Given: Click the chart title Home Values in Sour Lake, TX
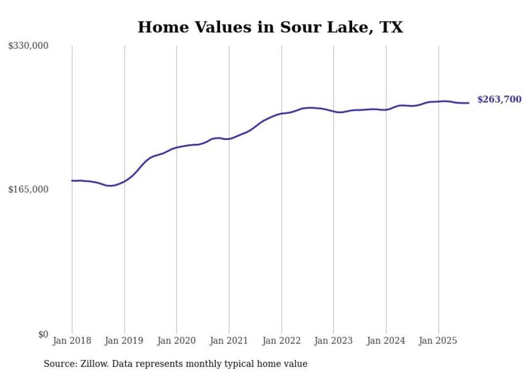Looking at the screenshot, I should (270, 27).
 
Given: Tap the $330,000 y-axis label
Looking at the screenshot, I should (28, 46).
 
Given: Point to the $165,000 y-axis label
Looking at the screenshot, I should (28, 189).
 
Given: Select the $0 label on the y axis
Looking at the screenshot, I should (43, 334).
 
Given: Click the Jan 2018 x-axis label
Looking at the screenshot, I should (72, 341).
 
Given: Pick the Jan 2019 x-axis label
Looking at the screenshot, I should (125, 341).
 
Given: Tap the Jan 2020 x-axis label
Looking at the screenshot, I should (177, 341).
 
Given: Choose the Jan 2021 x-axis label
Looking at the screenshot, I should (229, 341).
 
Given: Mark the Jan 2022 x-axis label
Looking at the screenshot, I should (281, 341).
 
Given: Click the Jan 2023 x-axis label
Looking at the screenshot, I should (333, 341).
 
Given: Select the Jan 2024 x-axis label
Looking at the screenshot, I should (386, 341).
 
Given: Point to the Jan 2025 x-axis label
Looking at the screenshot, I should (438, 341).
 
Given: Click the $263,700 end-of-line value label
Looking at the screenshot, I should (499, 99).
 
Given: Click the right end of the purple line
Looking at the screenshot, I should (469, 103).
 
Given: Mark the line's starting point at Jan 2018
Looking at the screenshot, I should (72, 181).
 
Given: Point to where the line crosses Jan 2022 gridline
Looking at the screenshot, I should (281, 114).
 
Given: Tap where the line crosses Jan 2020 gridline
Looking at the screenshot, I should (177, 148).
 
